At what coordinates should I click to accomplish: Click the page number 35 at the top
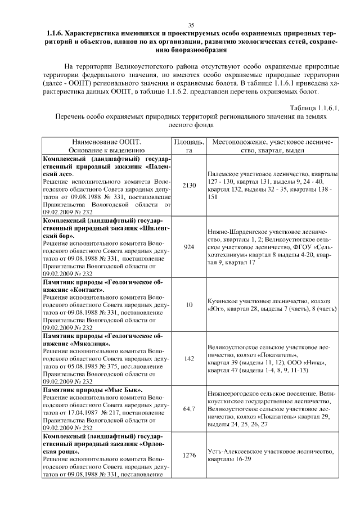click(x=191, y=25)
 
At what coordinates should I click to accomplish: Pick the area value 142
click(x=188, y=358)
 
